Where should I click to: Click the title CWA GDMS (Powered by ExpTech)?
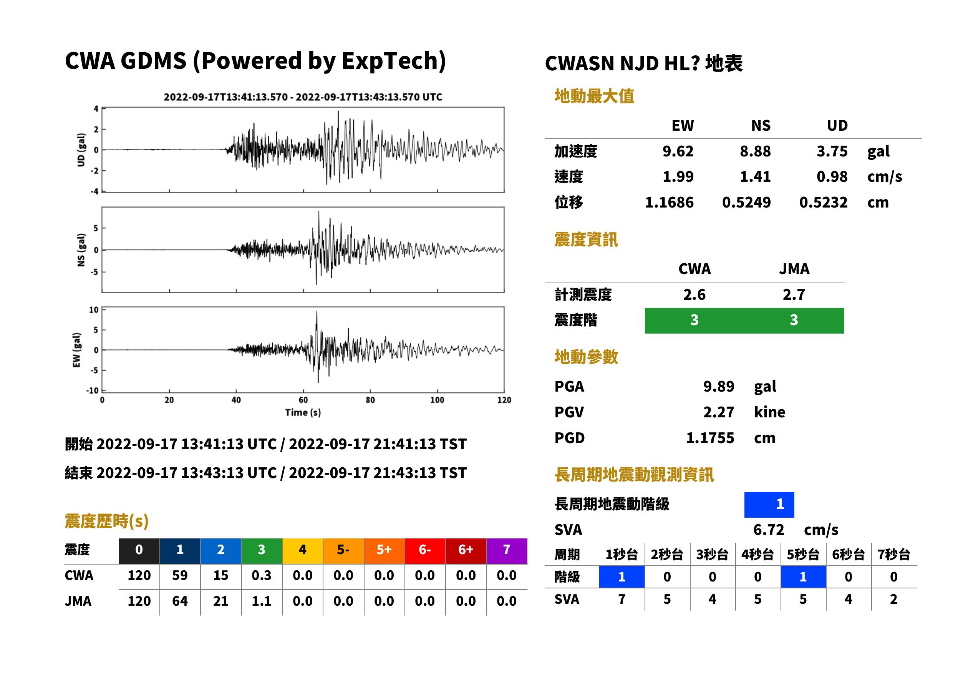coord(255,61)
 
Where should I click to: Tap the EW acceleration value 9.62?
coord(678,151)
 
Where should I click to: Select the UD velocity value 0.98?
coord(832,177)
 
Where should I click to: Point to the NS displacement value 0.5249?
coord(746,203)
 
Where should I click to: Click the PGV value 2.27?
coord(719,412)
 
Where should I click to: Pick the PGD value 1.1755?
coord(710,438)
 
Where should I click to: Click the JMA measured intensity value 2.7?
coord(794,295)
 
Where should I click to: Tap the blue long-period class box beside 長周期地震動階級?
coord(769,505)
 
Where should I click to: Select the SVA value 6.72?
coord(769,530)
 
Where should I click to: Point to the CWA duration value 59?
coord(180,576)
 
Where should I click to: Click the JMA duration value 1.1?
coord(262,601)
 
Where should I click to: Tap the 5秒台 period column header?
coord(803,555)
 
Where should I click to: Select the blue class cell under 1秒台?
coord(622,577)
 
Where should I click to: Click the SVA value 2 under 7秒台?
coord(894,600)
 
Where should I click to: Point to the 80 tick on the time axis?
coord(370,400)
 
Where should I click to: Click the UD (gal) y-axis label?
coord(81,150)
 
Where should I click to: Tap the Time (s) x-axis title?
coord(303,413)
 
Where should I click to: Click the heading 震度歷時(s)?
coord(107,521)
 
